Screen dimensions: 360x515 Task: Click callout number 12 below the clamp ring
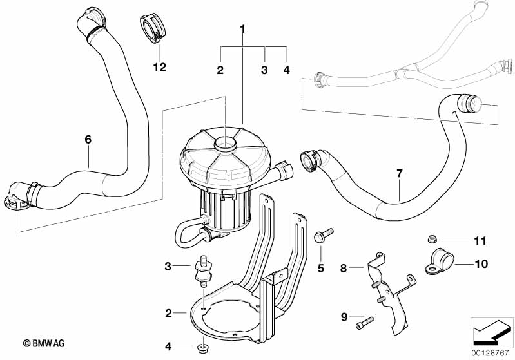point(159,66)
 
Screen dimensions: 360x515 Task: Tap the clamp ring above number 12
point(153,29)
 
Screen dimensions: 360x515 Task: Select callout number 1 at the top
point(243,29)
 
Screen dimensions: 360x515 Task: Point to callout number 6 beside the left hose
point(88,138)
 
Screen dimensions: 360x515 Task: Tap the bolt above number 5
point(320,235)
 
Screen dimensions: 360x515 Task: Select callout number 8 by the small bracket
point(344,266)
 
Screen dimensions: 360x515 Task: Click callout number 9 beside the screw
point(344,316)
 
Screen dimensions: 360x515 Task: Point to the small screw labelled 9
point(365,320)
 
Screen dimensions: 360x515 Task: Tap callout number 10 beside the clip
point(481,263)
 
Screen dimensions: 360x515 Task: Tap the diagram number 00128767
point(492,353)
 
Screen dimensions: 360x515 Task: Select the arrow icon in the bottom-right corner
point(492,333)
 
